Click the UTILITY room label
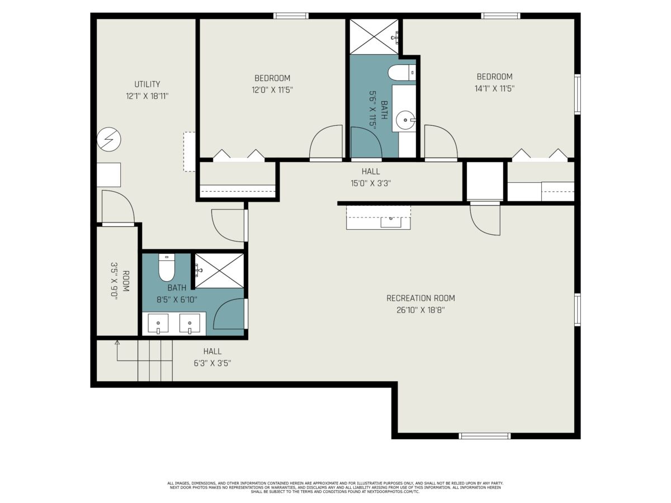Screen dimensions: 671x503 (147, 84)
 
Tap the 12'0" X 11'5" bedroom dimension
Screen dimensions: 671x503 (272, 90)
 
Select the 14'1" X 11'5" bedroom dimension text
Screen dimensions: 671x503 (494, 88)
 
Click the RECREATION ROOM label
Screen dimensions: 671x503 (420, 298)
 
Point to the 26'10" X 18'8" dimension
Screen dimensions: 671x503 (420, 310)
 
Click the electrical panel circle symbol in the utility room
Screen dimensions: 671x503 (109, 139)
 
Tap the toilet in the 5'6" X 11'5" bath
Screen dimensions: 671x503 (401, 73)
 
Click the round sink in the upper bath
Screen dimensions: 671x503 (405, 120)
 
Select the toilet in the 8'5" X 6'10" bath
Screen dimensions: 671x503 (166, 267)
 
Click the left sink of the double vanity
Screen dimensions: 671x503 (158, 324)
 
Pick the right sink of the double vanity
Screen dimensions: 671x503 (190, 324)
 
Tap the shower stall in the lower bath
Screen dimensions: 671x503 (219, 271)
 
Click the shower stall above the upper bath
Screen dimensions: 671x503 (374, 37)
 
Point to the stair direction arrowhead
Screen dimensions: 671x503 (117, 343)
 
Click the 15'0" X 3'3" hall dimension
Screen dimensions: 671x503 (371, 183)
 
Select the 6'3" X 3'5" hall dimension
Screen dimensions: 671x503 (212, 363)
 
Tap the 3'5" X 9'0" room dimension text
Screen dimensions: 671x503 (114, 281)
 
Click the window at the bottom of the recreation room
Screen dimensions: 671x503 (485, 436)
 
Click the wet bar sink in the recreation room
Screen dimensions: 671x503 (391, 222)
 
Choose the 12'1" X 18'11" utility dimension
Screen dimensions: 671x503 (147, 96)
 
